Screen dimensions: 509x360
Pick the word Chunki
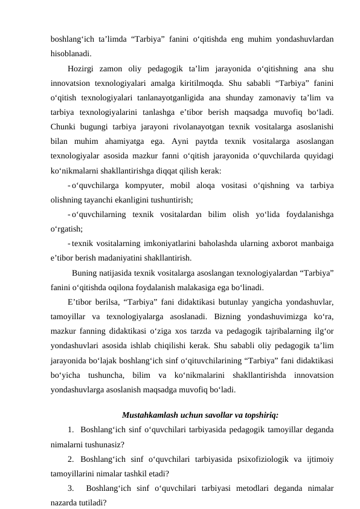(x=64, y=126)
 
